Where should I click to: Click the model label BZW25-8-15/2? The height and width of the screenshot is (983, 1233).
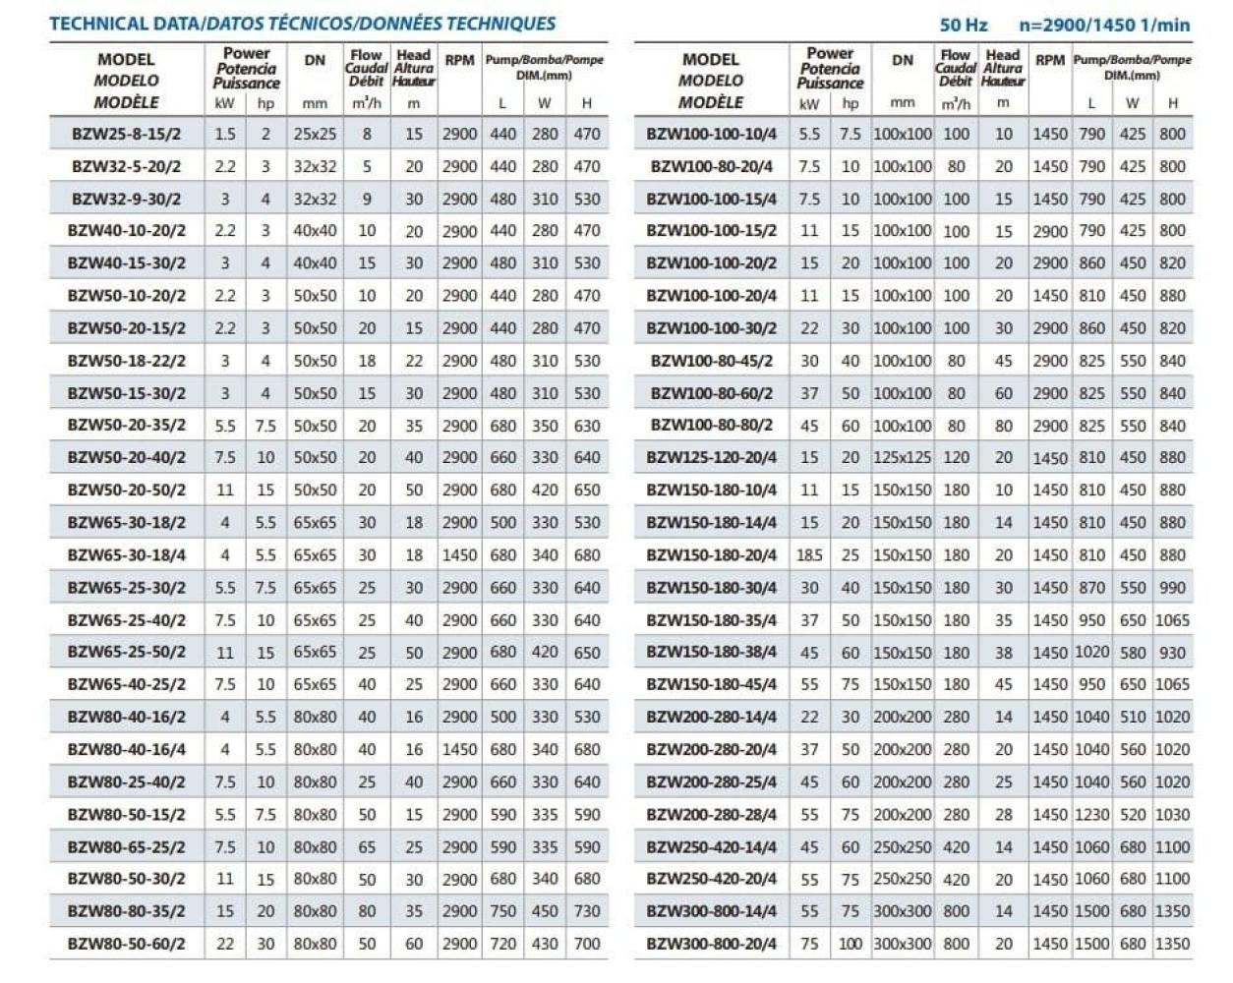[x=126, y=134]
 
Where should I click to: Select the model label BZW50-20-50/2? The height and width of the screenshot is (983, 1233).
[x=126, y=490]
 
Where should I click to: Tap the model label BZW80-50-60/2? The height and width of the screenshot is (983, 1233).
[x=126, y=944]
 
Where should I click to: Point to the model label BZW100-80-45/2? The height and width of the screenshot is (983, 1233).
[x=711, y=361]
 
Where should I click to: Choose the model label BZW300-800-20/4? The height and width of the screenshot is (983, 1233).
[x=711, y=944]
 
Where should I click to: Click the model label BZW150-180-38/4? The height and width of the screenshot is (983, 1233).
[x=711, y=652]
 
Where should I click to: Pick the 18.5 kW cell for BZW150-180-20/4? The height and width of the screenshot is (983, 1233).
[x=809, y=555]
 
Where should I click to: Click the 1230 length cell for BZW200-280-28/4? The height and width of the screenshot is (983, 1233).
[x=1091, y=814]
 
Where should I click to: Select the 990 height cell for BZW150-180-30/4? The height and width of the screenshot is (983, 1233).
[x=1172, y=588]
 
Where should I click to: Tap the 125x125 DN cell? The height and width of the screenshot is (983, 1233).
[x=902, y=458]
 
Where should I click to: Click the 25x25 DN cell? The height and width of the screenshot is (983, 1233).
[x=315, y=134]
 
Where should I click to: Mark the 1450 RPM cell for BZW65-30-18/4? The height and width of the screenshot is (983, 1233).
[x=459, y=555]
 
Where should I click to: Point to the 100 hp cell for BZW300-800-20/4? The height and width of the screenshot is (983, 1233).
[x=850, y=944]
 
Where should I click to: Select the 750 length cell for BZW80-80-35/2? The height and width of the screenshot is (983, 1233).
[x=503, y=911]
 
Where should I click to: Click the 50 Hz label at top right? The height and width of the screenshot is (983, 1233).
[x=964, y=26]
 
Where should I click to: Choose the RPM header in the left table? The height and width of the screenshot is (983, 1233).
[x=459, y=60]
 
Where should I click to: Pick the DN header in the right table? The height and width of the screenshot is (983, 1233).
[x=902, y=60]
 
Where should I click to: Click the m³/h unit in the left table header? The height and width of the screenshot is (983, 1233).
[x=366, y=103]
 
